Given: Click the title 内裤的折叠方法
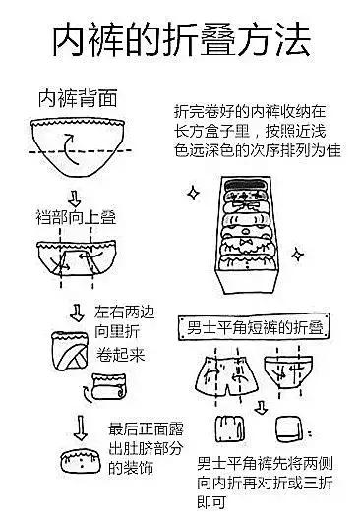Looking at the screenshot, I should (180, 42).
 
